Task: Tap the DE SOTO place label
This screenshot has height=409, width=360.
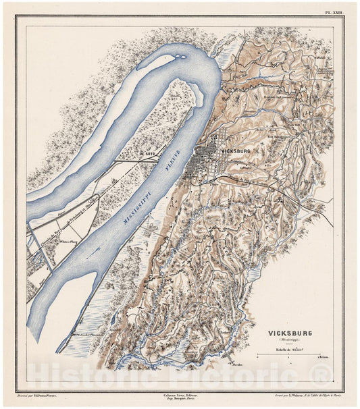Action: coord(148,154)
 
